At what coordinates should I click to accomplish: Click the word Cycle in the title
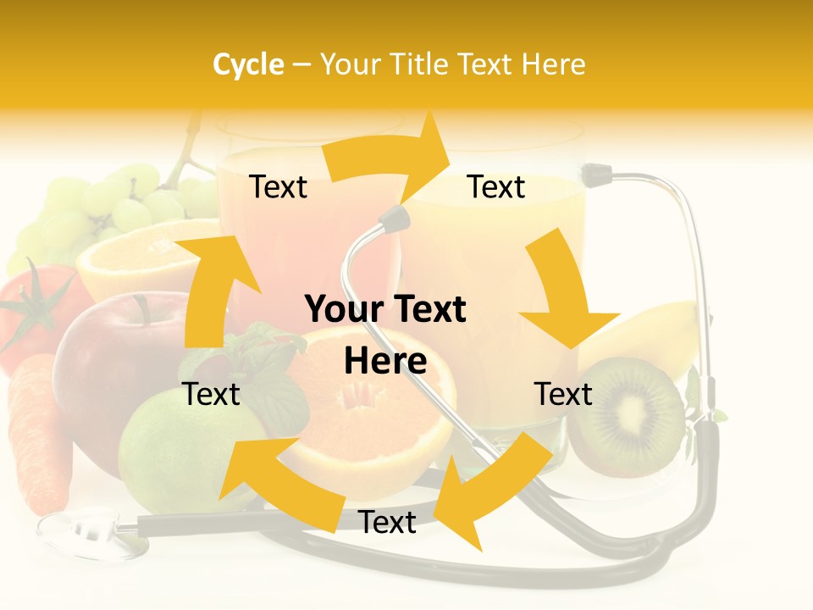pos(248,64)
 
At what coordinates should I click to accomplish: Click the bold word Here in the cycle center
pos(385,362)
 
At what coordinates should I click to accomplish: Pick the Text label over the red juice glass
pos(278,187)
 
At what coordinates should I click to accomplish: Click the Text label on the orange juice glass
pos(496,187)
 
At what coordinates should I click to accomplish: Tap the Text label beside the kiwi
pos(563,394)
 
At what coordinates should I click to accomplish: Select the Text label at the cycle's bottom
pos(387,523)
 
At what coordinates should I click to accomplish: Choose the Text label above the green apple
pos(212,394)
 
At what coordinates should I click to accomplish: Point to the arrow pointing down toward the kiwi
pos(563,297)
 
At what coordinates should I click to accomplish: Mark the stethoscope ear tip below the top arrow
pos(392,220)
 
